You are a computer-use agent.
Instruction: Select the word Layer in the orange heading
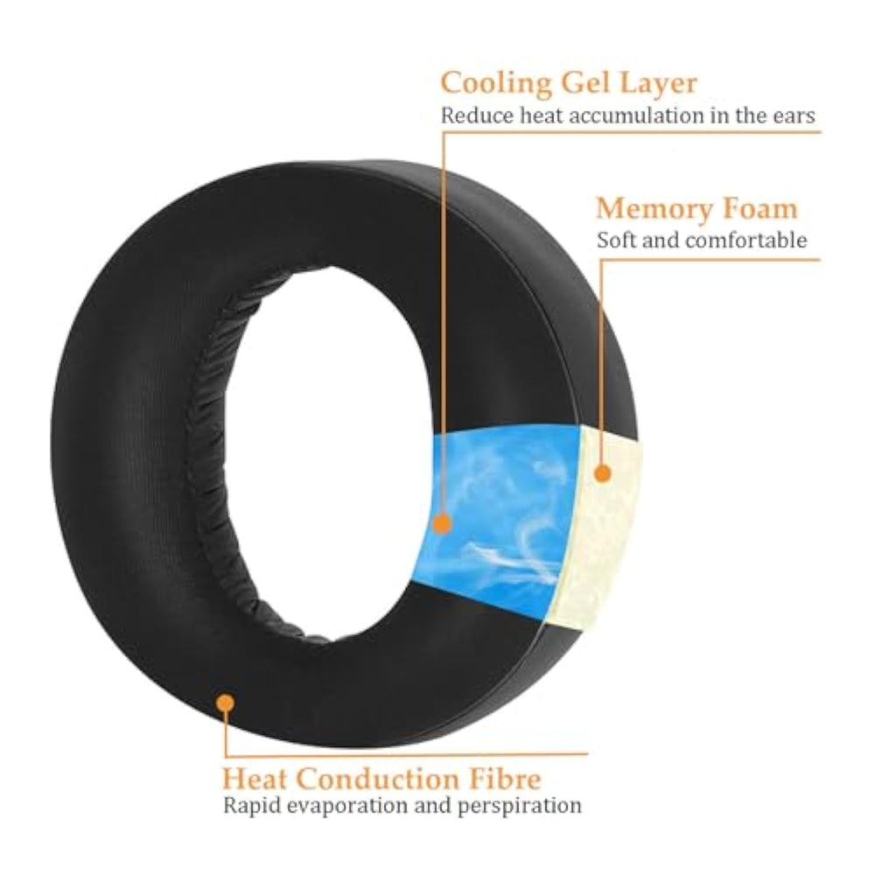[x=660, y=83]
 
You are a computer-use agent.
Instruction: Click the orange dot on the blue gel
[x=443, y=524]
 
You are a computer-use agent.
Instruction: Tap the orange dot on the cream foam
[x=602, y=473]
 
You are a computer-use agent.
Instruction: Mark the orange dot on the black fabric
[x=227, y=703]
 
